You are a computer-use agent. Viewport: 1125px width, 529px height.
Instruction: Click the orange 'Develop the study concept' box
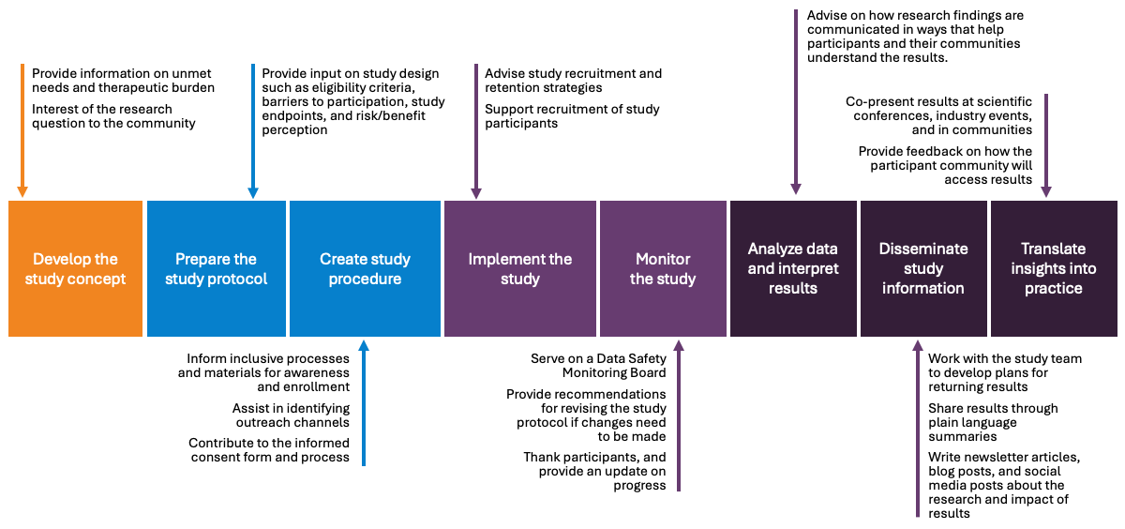click(75, 268)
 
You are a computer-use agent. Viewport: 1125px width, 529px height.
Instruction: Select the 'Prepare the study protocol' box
click(216, 268)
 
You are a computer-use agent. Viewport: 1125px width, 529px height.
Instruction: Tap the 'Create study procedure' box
click(365, 268)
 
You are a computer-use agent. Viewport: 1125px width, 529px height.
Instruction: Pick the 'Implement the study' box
click(519, 268)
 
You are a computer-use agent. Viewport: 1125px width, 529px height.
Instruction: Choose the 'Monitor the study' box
click(663, 268)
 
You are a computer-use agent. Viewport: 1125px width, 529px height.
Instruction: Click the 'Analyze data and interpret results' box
click(793, 268)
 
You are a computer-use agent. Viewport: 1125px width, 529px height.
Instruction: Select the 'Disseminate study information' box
click(922, 268)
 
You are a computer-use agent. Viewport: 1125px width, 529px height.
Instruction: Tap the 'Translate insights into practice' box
click(1054, 268)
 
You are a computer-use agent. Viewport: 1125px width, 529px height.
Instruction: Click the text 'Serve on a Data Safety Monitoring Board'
click(598, 366)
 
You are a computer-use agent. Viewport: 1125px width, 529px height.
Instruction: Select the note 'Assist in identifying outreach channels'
click(291, 416)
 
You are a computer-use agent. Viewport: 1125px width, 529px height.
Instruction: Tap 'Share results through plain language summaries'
click(993, 422)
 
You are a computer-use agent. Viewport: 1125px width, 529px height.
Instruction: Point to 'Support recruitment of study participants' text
click(572, 116)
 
